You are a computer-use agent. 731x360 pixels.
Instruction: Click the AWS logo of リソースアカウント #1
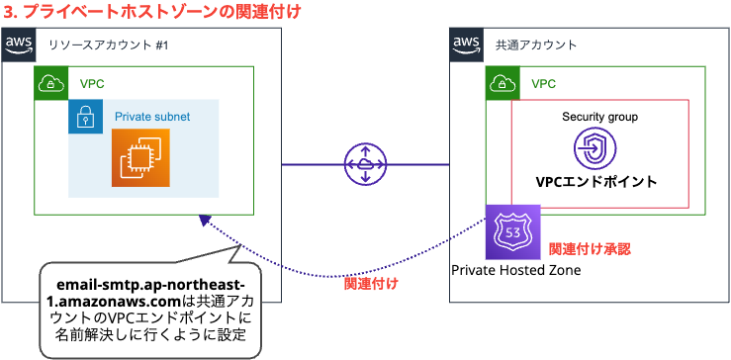click(18, 45)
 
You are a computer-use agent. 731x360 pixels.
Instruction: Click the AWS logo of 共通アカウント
click(465, 45)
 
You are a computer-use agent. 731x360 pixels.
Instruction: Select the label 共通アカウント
click(536, 45)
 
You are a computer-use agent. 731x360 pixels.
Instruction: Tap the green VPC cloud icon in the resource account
click(50, 83)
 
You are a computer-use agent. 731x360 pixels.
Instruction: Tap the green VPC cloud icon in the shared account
click(502, 83)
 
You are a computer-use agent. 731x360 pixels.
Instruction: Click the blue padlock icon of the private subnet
click(85, 117)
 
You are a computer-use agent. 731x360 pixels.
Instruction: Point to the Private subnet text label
click(152, 117)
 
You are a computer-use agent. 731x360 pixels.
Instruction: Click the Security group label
click(599, 117)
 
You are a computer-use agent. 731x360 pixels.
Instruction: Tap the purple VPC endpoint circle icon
click(595, 150)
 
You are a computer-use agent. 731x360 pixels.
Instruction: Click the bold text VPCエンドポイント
click(595, 183)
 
